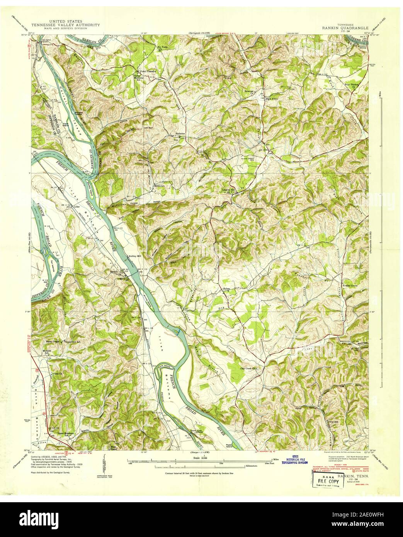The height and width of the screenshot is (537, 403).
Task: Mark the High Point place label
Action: coord(272,98)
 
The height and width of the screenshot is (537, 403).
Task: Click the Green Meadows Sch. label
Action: coord(66,434)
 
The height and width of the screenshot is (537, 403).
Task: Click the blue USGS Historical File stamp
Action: coord(293,459)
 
